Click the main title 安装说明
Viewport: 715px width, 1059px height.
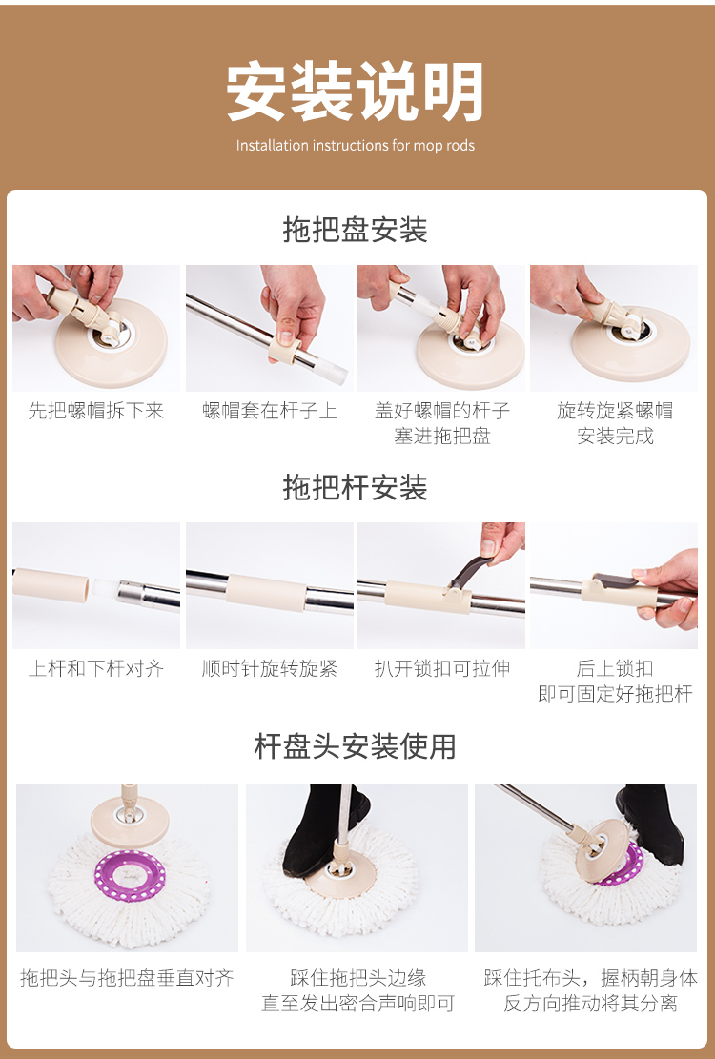(356, 92)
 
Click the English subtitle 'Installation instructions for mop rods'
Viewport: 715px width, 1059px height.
(356, 145)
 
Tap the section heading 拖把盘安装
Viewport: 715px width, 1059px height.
(356, 230)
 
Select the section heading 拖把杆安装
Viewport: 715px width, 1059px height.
(356, 488)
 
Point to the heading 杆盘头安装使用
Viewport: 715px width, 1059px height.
(356, 746)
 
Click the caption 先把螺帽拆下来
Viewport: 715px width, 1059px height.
(96, 411)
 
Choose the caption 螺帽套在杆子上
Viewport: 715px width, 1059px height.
(270, 411)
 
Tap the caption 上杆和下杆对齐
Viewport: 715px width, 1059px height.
(96, 668)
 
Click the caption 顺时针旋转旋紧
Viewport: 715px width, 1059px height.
(270, 668)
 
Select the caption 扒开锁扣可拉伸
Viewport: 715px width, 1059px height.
(442, 668)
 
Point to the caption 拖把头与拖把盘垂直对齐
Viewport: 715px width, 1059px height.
(127, 978)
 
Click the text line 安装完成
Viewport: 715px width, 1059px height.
(615, 437)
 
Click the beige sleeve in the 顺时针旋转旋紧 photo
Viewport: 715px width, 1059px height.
(266, 592)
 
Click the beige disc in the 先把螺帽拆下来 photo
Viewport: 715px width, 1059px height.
(112, 342)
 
